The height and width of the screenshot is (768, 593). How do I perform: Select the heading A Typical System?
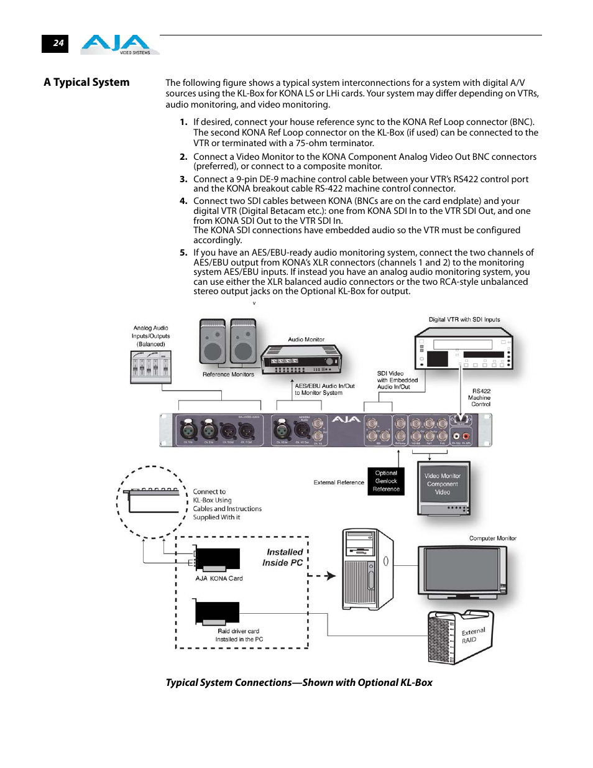tap(86, 82)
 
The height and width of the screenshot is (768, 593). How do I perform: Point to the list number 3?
tap(183, 179)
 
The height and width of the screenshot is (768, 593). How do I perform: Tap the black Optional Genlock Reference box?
tap(386, 481)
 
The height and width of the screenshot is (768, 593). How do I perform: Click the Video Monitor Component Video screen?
tap(443, 484)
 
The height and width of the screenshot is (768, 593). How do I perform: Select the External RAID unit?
tap(460, 636)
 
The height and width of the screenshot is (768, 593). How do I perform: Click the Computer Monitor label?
tap(492, 539)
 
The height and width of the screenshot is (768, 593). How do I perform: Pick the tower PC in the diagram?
tap(367, 569)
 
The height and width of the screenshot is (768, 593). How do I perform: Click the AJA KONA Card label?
tap(219, 578)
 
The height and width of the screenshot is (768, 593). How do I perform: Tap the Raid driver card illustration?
tap(217, 613)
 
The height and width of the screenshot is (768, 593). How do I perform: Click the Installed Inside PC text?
tap(283, 557)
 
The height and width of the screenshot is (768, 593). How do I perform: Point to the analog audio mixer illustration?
tap(151, 367)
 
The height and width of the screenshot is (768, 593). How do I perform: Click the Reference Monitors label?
tap(228, 374)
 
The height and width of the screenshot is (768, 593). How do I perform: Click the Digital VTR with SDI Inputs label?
tap(464, 320)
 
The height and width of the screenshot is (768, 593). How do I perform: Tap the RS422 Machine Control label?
tap(479, 398)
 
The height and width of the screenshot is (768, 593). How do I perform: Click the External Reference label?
tap(339, 483)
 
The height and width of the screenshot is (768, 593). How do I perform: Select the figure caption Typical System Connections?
tap(299, 682)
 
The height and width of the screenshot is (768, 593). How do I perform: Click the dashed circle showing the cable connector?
tap(152, 502)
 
